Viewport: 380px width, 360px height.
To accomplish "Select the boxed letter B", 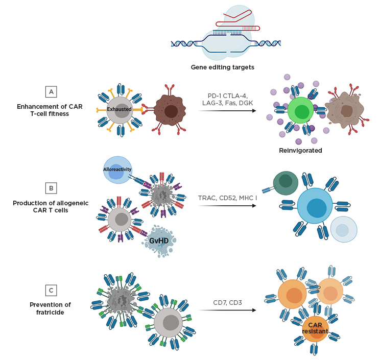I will [51, 188].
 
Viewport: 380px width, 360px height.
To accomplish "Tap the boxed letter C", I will [51, 291].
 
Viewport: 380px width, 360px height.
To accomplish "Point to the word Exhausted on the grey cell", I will [120, 109].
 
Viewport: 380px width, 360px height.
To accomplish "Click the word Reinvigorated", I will [300, 151].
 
